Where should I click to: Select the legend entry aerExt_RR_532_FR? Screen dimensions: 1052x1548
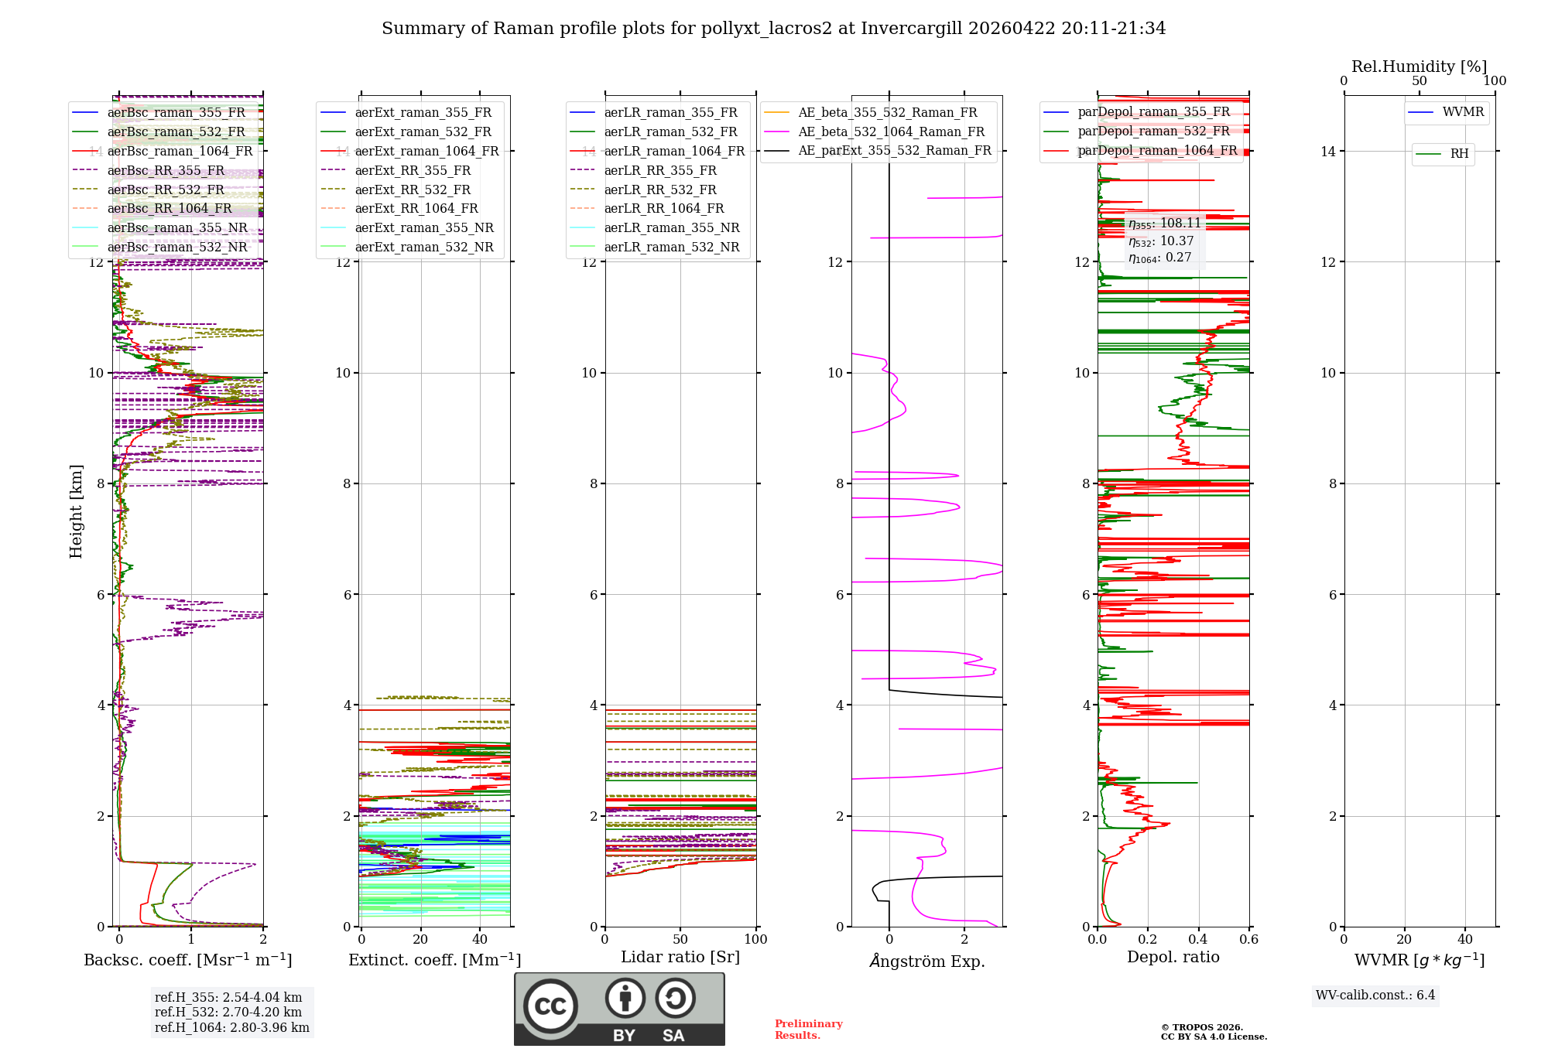click(x=413, y=190)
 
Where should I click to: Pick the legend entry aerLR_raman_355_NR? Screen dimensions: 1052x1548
click(x=671, y=227)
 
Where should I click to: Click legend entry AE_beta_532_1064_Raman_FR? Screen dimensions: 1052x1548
click(x=891, y=131)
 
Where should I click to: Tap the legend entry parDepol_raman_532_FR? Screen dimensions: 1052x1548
click(x=1153, y=131)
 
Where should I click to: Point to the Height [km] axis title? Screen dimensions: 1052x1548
click(x=76, y=511)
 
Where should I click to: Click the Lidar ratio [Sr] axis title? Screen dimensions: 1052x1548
click(x=680, y=957)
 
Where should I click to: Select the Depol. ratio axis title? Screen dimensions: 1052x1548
click(x=1173, y=957)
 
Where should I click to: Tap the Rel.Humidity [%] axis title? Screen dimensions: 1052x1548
click(x=1419, y=67)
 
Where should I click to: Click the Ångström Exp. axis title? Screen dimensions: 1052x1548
click(x=926, y=961)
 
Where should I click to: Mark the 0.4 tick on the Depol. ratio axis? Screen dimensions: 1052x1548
click(x=1198, y=939)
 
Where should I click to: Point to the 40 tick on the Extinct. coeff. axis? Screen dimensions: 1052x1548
click(x=480, y=939)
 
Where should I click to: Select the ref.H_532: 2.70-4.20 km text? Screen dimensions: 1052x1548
click(x=228, y=1012)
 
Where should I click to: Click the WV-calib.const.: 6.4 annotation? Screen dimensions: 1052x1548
click(x=1375, y=995)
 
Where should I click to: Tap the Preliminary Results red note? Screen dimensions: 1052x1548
click(x=808, y=1029)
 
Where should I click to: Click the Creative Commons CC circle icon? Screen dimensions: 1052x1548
click(x=550, y=1006)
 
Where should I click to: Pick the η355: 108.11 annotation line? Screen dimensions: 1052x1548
click(x=1165, y=224)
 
